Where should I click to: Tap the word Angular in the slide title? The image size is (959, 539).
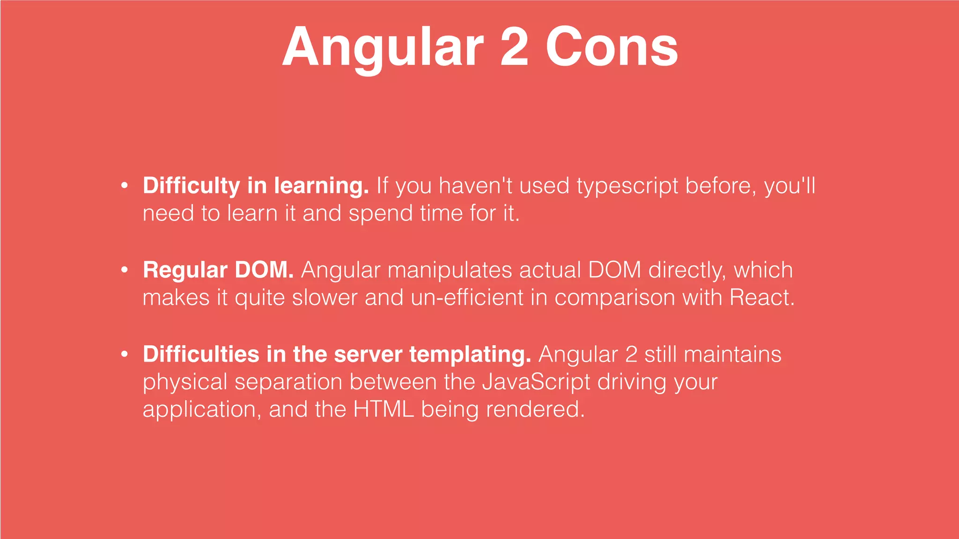click(x=383, y=47)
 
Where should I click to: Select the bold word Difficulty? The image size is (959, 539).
click(x=191, y=186)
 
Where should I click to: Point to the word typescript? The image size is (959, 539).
click(x=627, y=186)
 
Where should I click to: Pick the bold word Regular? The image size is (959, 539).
click(x=185, y=270)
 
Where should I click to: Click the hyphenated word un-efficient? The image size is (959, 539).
click(x=467, y=298)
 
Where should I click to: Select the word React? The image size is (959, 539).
click(x=762, y=298)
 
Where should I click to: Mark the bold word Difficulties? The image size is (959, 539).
click(x=201, y=354)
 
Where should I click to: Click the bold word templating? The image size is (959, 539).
click(x=470, y=354)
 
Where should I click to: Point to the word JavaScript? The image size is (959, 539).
click(x=536, y=382)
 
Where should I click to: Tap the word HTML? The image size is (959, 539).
click(x=384, y=409)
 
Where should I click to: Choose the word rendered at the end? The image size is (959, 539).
click(x=535, y=409)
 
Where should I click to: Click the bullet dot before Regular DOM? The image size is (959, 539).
click(x=124, y=270)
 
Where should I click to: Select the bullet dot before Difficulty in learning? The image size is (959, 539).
click(x=124, y=186)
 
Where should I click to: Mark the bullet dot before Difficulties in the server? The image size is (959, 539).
click(x=124, y=354)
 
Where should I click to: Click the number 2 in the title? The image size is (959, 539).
click(x=514, y=47)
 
